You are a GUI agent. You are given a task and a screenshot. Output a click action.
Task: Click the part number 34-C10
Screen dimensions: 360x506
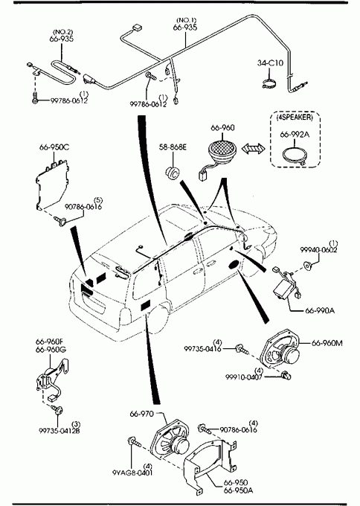pos(270,63)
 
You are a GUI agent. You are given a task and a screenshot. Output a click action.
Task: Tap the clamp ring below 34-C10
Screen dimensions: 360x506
pos(269,85)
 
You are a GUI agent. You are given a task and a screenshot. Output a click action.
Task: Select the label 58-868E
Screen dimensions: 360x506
pos(173,147)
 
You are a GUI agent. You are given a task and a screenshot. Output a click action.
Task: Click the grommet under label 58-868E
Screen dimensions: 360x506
pos(173,173)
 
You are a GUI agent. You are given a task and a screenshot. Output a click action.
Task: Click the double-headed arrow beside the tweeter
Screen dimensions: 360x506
pos(254,149)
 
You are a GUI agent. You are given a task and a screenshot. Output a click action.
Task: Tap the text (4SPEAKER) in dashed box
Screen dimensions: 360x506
pos(295,117)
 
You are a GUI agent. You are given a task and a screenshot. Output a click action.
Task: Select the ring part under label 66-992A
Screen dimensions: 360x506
pos(295,156)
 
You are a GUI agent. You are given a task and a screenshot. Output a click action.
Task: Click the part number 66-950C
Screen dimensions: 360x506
pos(54,147)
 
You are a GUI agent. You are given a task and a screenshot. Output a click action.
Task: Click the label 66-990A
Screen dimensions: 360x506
pos(320,310)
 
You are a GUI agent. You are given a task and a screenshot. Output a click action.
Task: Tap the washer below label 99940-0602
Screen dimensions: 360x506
pos(309,266)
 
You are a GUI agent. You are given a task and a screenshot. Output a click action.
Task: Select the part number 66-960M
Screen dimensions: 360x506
pos(327,343)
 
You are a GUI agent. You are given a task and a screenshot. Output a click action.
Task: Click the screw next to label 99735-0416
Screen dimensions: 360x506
pos(242,349)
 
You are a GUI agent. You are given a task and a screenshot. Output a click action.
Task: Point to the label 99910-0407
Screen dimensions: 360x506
pos(243,377)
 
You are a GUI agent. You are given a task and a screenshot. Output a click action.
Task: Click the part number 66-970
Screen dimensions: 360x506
pos(142,414)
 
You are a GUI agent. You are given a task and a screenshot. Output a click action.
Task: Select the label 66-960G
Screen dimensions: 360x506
pos(51,350)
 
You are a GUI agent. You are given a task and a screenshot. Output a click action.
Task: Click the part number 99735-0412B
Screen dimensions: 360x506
pos(60,431)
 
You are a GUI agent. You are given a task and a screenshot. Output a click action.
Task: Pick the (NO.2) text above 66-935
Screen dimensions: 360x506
pos(63,32)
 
